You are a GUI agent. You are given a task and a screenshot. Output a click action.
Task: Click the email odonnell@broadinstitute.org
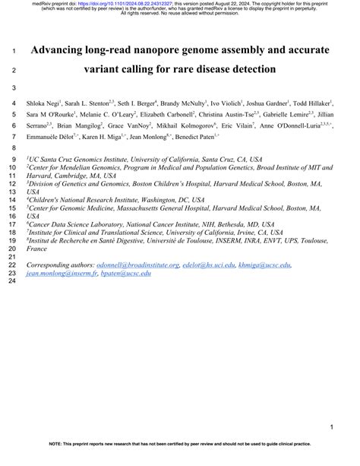pos(137,265)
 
